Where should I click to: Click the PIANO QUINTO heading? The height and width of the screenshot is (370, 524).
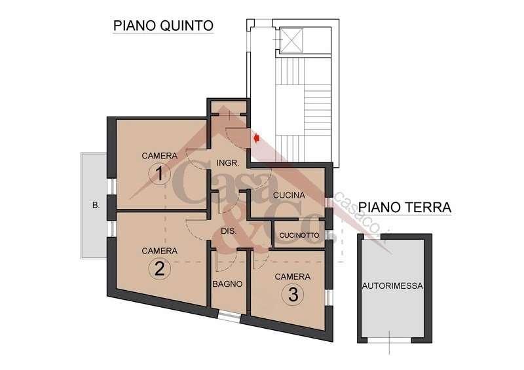click(x=164, y=26)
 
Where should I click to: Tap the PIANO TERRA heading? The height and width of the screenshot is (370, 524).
click(x=405, y=208)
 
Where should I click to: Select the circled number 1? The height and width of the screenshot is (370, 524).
click(x=160, y=174)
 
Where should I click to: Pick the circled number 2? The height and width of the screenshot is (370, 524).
click(x=159, y=268)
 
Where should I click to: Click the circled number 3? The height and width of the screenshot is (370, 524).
click(x=293, y=295)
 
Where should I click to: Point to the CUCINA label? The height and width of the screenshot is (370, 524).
click(x=289, y=195)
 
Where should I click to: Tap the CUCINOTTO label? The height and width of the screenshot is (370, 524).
click(x=299, y=235)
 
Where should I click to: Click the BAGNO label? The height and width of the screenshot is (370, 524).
click(x=228, y=284)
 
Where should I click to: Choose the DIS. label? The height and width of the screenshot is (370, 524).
click(x=229, y=231)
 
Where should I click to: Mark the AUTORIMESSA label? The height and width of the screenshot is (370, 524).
click(x=393, y=286)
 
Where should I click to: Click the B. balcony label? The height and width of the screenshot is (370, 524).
click(x=96, y=205)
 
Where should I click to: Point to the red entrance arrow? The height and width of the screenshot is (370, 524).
click(x=257, y=138)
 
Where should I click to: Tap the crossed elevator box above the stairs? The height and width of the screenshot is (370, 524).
click(x=288, y=41)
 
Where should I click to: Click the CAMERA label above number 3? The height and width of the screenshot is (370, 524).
click(x=292, y=276)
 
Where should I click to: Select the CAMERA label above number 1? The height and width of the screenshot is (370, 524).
click(x=160, y=156)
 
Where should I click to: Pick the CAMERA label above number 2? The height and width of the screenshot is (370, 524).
click(x=159, y=251)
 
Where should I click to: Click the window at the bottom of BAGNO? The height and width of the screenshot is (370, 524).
click(x=228, y=317)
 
